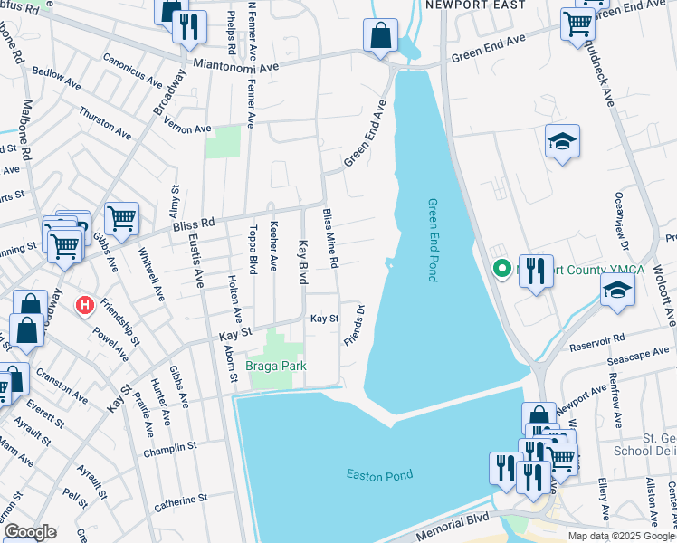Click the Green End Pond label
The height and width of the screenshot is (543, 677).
(x=433, y=240)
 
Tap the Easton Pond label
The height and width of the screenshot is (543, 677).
(x=379, y=475)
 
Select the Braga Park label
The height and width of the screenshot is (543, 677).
(x=276, y=367)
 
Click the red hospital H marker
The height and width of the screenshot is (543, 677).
(x=85, y=306)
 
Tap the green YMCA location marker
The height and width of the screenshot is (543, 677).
(x=500, y=269)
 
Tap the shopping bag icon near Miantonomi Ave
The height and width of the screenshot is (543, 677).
(x=381, y=35)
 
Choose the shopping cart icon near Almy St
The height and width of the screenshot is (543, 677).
(x=120, y=217)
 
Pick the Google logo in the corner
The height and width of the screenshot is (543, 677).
(x=30, y=532)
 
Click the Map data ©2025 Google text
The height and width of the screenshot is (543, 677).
(x=621, y=536)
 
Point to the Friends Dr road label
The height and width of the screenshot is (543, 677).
(x=354, y=326)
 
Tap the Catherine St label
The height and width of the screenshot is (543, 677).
(x=181, y=499)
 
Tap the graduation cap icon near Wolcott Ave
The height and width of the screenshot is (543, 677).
(x=617, y=291)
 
